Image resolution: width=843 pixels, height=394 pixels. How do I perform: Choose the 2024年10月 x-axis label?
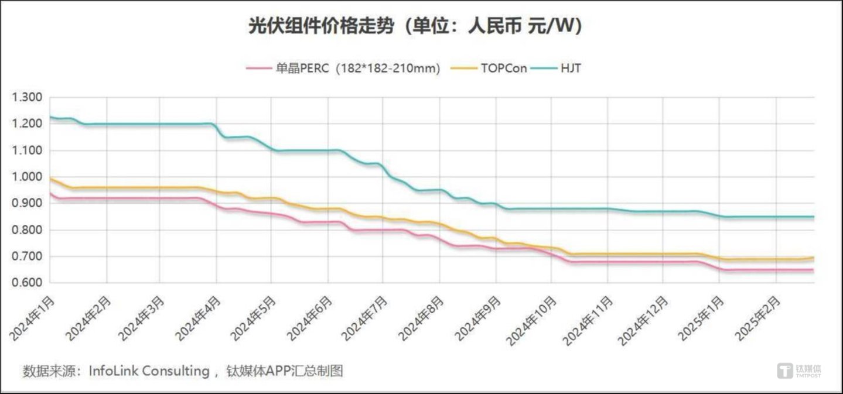click(x=534, y=319)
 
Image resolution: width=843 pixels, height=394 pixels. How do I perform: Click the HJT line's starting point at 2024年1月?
click(x=50, y=118)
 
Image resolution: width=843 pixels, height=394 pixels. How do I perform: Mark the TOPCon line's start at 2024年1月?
click(x=50, y=179)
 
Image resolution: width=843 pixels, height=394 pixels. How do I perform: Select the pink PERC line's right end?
click(x=813, y=270)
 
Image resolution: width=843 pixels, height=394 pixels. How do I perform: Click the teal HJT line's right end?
click(x=813, y=217)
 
